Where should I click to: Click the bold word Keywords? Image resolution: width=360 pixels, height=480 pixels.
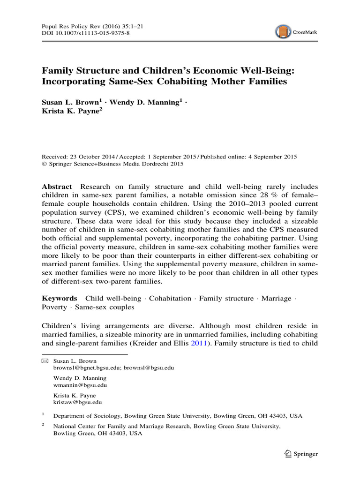60,298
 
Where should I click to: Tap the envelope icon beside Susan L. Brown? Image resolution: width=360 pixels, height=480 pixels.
45,361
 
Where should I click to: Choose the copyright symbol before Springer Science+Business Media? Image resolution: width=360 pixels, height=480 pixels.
45,164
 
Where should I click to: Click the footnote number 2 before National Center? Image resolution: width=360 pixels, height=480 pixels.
43,424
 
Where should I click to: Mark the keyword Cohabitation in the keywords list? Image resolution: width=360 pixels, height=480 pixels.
170,298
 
